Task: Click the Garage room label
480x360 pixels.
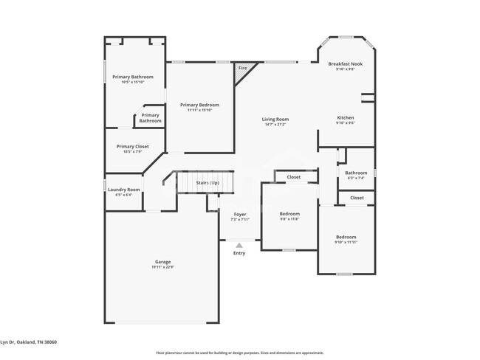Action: click(x=163, y=262)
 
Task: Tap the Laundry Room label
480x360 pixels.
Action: click(x=124, y=190)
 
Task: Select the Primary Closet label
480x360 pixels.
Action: click(x=133, y=146)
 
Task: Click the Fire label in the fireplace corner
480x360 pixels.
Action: click(x=242, y=69)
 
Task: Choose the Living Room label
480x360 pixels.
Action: click(x=275, y=119)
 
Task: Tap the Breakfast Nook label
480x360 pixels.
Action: click(x=346, y=63)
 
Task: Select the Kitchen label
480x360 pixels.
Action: click(x=346, y=117)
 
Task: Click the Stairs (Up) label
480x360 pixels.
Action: click(x=207, y=182)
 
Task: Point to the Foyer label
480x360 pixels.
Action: click(x=240, y=214)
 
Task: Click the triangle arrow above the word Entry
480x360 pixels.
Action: click(x=239, y=246)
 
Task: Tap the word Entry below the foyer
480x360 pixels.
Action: click(x=239, y=253)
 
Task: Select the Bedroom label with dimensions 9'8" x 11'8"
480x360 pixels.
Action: click(x=289, y=214)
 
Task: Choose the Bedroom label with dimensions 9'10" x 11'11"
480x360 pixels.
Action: click(x=346, y=237)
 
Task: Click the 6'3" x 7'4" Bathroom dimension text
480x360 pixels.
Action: click(x=356, y=178)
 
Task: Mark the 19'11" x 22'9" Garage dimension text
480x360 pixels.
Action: click(x=163, y=267)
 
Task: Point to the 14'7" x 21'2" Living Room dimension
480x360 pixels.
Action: click(x=275, y=124)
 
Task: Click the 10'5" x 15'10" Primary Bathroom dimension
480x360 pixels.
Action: click(x=133, y=82)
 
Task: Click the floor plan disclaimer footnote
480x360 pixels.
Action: click(x=240, y=353)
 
